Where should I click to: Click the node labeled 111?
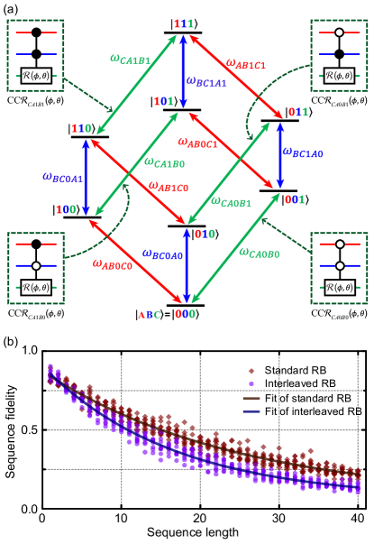pyautogui.click(x=183, y=23)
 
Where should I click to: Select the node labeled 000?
pyautogui.click(x=185, y=314)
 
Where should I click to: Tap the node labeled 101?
pyautogui.click(x=163, y=101)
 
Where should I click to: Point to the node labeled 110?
pyautogui.click(x=81, y=129)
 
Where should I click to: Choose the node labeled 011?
pyautogui.click(x=297, y=113)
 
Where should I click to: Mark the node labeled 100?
pyautogui.click(x=65, y=209)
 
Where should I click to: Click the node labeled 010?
pyautogui.click(x=205, y=234)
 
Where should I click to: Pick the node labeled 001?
pyautogui.click(x=294, y=199)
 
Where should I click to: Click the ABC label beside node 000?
pyautogui.click(x=150, y=315)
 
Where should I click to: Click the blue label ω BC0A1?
pyautogui.click(x=62, y=179)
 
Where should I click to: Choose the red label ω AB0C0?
pyautogui.click(x=113, y=265)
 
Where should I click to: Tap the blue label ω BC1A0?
pyautogui.click(x=302, y=154)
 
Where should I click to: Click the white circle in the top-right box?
pyautogui.click(x=340, y=32)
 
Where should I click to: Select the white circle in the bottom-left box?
pyautogui.click(x=36, y=266)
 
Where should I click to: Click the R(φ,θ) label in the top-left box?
pyautogui.click(x=36, y=77)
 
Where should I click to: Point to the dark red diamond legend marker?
pyautogui.click(x=251, y=371)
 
